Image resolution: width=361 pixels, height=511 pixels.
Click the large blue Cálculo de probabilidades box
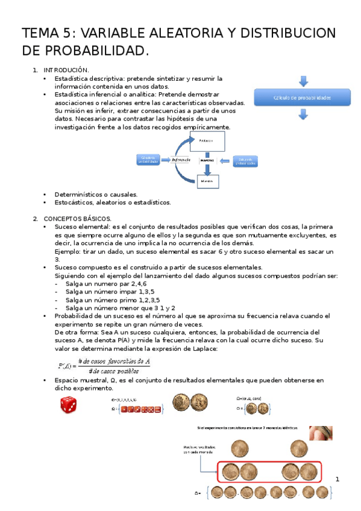302,98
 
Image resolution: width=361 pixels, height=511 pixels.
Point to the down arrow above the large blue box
303,81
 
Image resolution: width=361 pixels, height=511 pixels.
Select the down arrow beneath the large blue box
303,114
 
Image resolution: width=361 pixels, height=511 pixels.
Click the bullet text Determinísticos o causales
96,195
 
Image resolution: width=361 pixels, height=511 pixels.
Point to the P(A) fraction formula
104,365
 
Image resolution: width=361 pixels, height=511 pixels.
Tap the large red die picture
68,406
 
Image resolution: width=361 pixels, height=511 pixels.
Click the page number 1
338,480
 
